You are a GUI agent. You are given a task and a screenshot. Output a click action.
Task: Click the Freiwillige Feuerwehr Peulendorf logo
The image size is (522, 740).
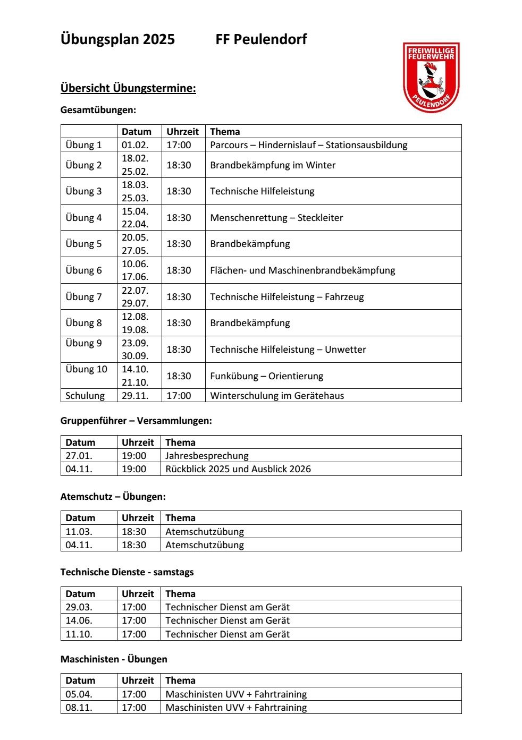(431, 77)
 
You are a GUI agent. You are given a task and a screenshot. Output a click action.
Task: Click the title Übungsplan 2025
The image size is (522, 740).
(117, 39)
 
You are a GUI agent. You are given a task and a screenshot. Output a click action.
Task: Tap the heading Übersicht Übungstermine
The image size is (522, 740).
(128, 88)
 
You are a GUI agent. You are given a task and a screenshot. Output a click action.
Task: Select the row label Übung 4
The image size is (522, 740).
(83, 218)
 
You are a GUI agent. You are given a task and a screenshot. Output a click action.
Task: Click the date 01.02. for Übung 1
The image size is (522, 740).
(134, 145)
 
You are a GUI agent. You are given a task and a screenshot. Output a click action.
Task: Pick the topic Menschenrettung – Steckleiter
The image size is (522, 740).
(276, 218)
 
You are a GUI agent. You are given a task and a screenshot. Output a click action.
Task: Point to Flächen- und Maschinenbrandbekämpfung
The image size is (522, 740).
(302, 270)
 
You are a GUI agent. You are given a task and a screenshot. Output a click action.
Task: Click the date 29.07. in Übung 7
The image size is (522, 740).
(135, 303)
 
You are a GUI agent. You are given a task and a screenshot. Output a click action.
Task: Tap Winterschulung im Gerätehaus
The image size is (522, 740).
(277, 396)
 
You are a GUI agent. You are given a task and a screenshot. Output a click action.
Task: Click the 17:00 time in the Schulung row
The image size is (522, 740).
(179, 396)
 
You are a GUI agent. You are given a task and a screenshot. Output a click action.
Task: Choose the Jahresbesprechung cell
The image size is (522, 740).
(207, 456)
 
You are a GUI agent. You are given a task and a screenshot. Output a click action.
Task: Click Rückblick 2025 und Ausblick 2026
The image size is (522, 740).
(238, 469)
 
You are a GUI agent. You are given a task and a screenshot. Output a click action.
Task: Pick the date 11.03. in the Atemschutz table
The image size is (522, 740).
(79, 532)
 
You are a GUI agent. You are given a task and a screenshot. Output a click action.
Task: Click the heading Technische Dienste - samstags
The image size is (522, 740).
(127, 572)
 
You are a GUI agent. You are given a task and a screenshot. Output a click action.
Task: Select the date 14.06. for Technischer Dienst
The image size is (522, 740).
(79, 620)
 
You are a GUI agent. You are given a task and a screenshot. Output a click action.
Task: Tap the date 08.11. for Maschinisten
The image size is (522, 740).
(79, 708)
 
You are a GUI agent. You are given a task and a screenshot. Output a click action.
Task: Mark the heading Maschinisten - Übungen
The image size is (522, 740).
(114, 659)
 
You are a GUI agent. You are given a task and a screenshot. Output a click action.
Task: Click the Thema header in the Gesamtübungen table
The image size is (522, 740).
(225, 132)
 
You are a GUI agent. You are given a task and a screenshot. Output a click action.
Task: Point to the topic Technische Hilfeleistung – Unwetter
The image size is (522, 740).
(288, 350)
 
